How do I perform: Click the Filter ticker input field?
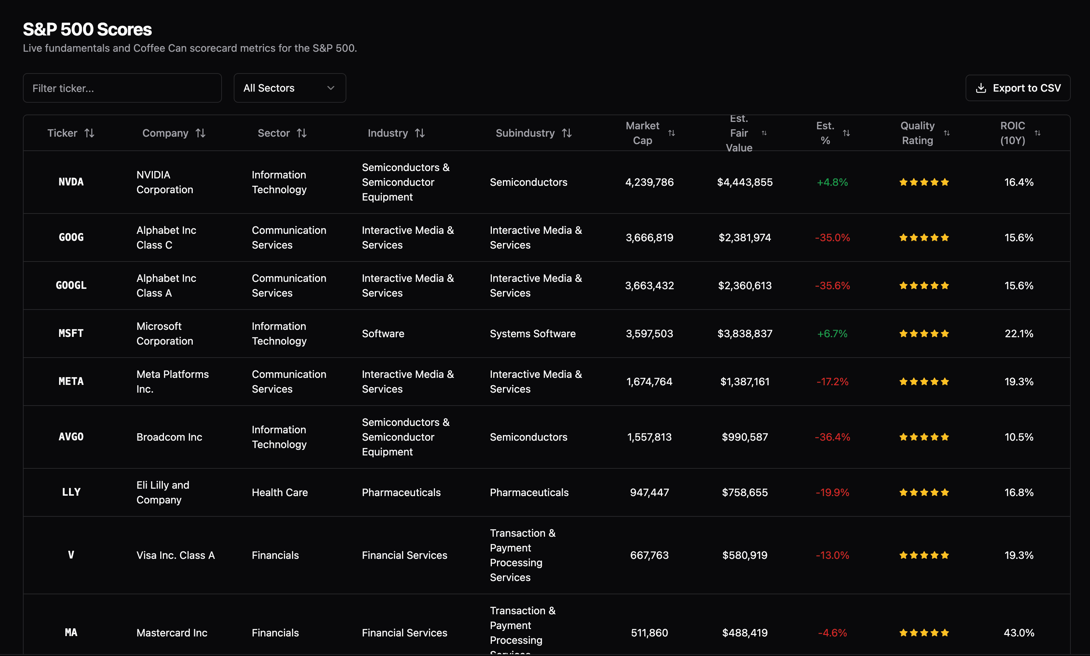click(122, 88)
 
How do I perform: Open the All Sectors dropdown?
click(289, 88)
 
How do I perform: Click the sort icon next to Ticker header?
click(90, 133)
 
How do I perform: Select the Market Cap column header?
click(642, 133)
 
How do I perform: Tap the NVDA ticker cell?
click(71, 182)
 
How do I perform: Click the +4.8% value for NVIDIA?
click(832, 182)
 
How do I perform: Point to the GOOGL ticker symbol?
click(71, 286)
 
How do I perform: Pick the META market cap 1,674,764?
click(649, 382)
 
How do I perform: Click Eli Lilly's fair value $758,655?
click(744, 492)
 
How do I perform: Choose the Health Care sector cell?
click(280, 492)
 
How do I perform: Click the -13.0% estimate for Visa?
click(832, 555)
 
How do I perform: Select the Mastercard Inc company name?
click(172, 633)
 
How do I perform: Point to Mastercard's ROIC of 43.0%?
click(1018, 633)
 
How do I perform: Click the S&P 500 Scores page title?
click(88, 30)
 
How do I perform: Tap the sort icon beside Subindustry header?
click(567, 133)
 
